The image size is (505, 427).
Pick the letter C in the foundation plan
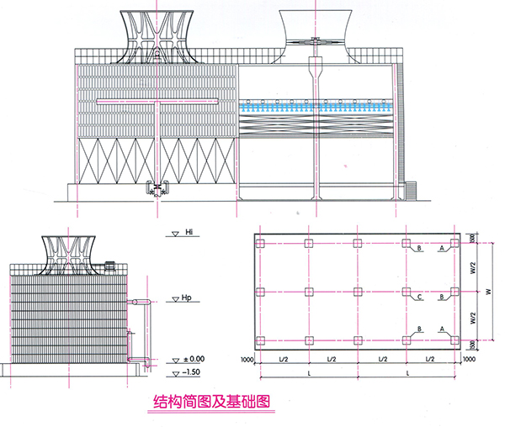[418, 297]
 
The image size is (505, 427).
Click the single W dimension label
[486, 293]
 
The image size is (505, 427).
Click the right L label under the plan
[408, 371]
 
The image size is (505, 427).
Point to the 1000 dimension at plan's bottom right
[468, 359]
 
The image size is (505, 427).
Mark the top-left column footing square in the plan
[261, 244]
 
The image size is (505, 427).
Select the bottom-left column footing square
[261, 340]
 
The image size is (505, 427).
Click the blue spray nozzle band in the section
[316, 108]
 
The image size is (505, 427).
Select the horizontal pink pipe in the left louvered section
[156, 103]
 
